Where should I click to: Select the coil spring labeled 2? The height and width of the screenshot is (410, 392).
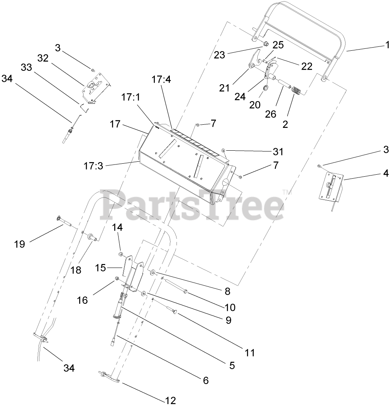tap(296, 92)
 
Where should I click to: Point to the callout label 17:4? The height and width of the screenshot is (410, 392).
tap(162, 80)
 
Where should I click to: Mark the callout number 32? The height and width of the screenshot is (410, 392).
tap(43, 58)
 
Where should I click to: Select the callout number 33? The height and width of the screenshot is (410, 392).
tap(26, 67)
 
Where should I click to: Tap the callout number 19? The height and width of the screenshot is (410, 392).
tap(19, 244)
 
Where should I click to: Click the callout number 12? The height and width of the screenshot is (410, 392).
tap(171, 401)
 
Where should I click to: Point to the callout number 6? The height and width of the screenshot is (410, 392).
tap(205, 380)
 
